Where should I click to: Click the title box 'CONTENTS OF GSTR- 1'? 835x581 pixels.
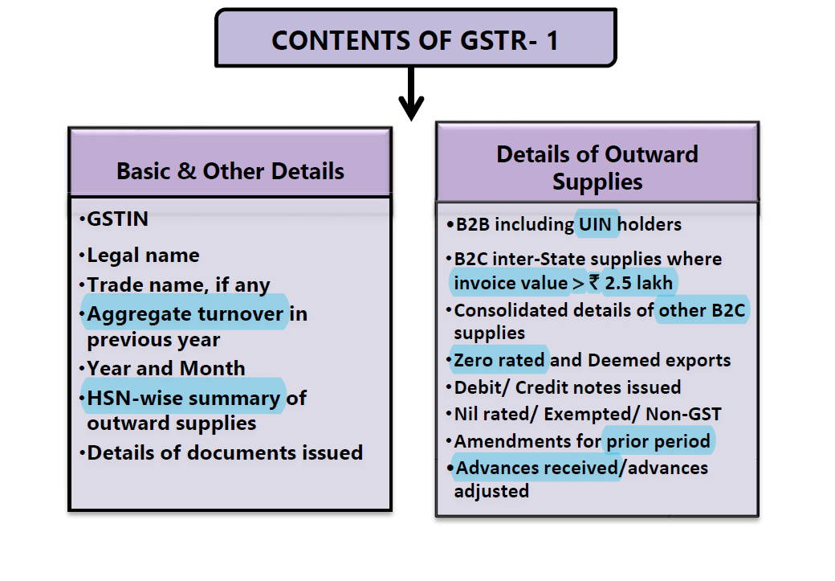pyautogui.click(x=415, y=39)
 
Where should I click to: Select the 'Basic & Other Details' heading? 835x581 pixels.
pyautogui.click(x=230, y=171)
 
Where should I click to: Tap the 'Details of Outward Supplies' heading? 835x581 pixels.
pyautogui.click(x=597, y=167)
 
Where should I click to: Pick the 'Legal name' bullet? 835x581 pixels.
pyautogui.click(x=143, y=256)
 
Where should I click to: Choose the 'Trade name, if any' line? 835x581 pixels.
pyautogui.click(x=178, y=284)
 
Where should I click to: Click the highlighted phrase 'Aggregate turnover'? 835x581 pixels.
pyautogui.click(x=185, y=313)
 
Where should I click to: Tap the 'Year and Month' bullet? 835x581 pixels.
pyautogui.click(x=165, y=369)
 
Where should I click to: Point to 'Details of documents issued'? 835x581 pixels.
pyautogui.click(x=225, y=452)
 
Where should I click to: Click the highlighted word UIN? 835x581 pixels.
pyautogui.click(x=595, y=225)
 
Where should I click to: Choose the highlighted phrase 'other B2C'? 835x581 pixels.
pyautogui.click(x=703, y=310)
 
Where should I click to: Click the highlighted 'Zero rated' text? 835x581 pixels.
pyautogui.click(x=499, y=360)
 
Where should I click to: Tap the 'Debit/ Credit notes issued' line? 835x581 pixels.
pyautogui.click(x=567, y=387)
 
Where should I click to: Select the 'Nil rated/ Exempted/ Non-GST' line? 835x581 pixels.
pyautogui.click(x=587, y=415)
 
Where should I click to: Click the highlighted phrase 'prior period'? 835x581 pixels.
pyautogui.click(x=658, y=441)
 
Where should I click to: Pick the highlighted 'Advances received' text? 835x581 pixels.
pyautogui.click(x=536, y=468)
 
